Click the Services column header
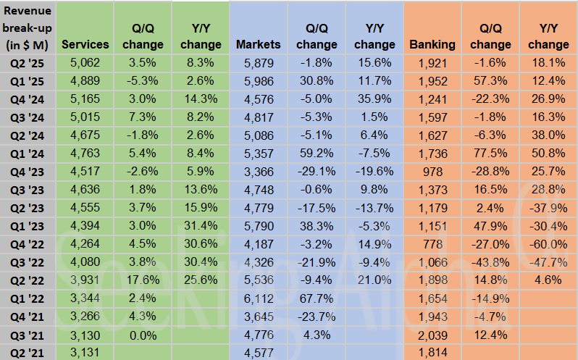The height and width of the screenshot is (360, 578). (85, 44)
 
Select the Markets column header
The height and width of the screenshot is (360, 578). (259, 44)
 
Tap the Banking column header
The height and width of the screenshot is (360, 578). (432, 44)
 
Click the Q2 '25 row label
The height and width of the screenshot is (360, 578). (28, 63)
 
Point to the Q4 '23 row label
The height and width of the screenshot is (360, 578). (28, 172)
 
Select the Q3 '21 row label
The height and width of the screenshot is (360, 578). (28, 335)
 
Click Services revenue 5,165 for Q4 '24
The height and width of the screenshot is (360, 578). (85, 99)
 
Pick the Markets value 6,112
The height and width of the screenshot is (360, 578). (259, 298)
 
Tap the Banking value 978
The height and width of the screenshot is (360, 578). (432, 172)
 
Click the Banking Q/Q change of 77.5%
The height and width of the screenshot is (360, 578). (490, 154)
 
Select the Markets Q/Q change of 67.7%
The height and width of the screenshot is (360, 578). (317, 298)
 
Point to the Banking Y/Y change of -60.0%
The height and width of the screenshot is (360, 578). (548, 244)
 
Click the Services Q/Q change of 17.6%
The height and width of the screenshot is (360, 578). (143, 280)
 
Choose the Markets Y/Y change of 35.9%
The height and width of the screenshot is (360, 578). (374, 99)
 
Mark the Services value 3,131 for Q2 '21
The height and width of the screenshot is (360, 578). (85, 353)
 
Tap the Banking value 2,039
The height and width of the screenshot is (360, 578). (432, 335)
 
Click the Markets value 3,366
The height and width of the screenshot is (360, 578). (259, 172)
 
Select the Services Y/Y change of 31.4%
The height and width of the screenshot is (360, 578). (201, 226)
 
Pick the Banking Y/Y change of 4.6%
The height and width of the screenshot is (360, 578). (548, 280)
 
